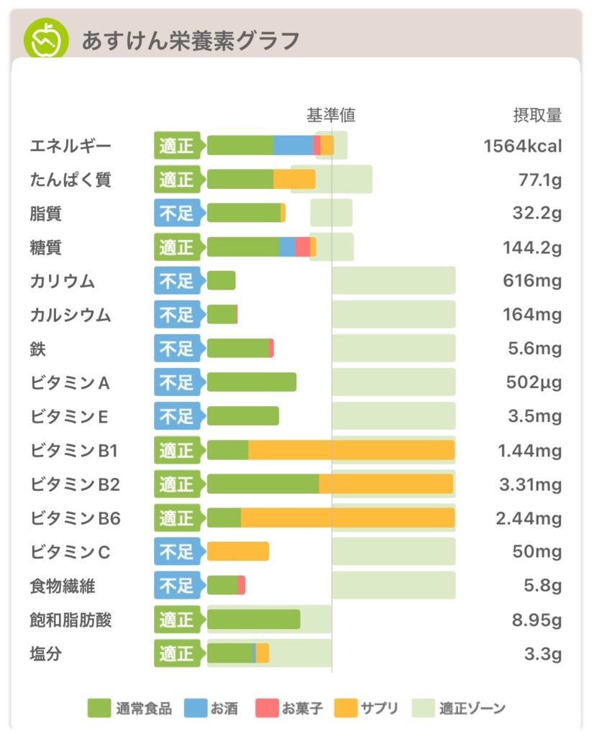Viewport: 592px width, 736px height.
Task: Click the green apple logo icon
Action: pyautogui.click(x=46, y=40)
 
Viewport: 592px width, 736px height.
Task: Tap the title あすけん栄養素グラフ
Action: pyautogui.click(x=190, y=41)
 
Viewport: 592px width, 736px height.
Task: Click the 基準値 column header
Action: pyautogui.click(x=331, y=115)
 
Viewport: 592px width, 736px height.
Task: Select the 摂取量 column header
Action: pyautogui.click(x=537, y=115)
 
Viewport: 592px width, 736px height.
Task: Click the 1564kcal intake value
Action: pyautogui.click(x=523, y=147)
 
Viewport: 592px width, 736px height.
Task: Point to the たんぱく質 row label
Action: pyautogui.click(x=70, y=180)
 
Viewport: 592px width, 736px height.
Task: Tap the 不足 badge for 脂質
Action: pyautogui.click(x=177, y=213)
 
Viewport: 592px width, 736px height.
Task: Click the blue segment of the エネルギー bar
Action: pyautogui.click(x=293, y=145)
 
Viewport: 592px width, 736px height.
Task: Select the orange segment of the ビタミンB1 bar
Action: pyautogui.click(x=351, y=451)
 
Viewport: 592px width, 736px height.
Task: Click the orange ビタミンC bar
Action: pyautogui.click(x=237, y=551)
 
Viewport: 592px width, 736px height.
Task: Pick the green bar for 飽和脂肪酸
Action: pyautogui.click(x=253, y=620)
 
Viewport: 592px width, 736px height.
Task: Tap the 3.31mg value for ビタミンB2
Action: pyautogui.click(x=531, y=485)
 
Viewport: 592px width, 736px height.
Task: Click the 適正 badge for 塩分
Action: pyautogui.click(x=177, y=653)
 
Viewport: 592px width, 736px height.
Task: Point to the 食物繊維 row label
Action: pyautogui.click(x=63, y=586)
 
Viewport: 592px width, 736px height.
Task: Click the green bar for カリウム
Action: pyautogui.click(x=221, y=281)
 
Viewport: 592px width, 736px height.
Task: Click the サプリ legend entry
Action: pyautogui.click(x=366, y=709)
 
